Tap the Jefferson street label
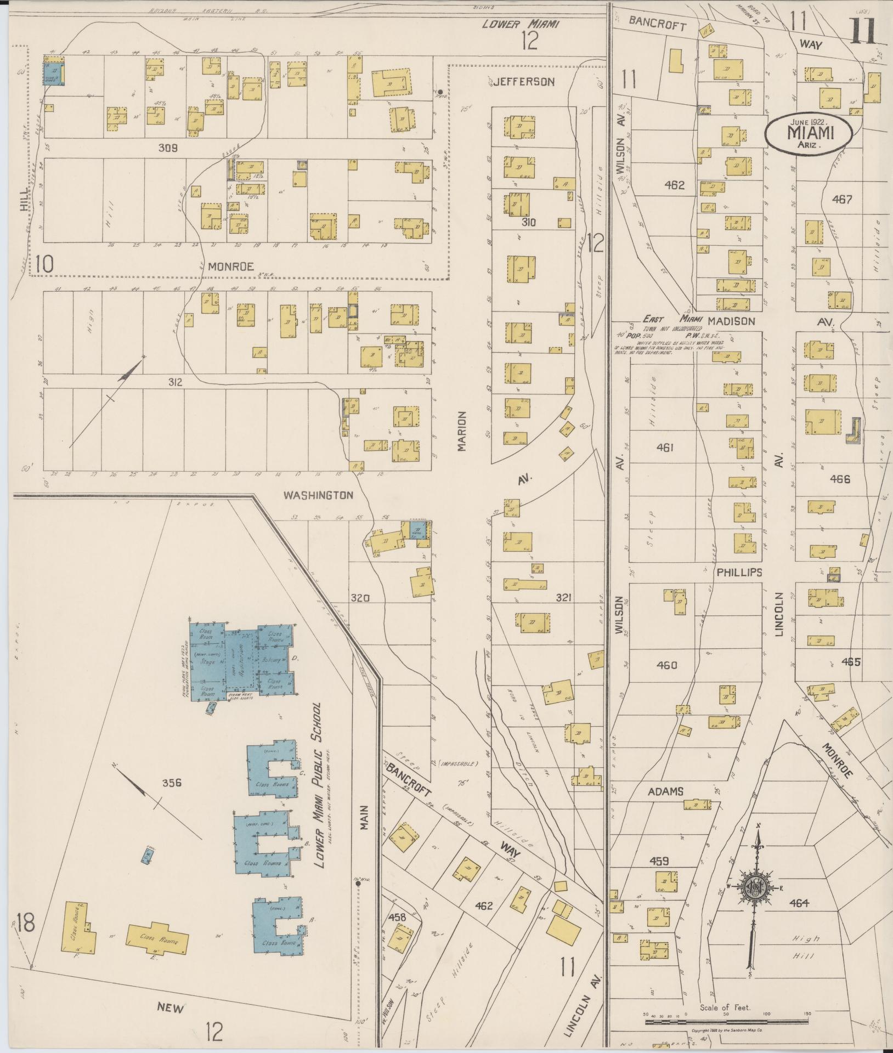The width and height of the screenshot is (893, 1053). pyautogui.click(x=524, y=82)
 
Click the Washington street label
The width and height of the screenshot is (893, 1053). pyautogui.click(x=318, y=495)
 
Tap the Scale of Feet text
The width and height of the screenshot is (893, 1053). pyautogui.click(x=725, y=1007)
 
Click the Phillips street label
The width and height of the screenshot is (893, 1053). pyautogui.click(x=739, y=572)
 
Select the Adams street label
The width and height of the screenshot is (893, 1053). pyautogui.click(x=665, y=791)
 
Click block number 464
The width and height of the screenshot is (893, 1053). pyautogui.click(x=800, y=903)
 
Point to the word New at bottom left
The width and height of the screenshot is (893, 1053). pyautogui.click(x=171, y=1007)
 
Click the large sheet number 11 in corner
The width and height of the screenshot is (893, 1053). pyautogui.click(x=865, y=30)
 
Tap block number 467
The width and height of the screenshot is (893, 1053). pyautogui.click(x=842, y=200)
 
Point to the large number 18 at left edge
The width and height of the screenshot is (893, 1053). pyautogui.click(x=25, y=922)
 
